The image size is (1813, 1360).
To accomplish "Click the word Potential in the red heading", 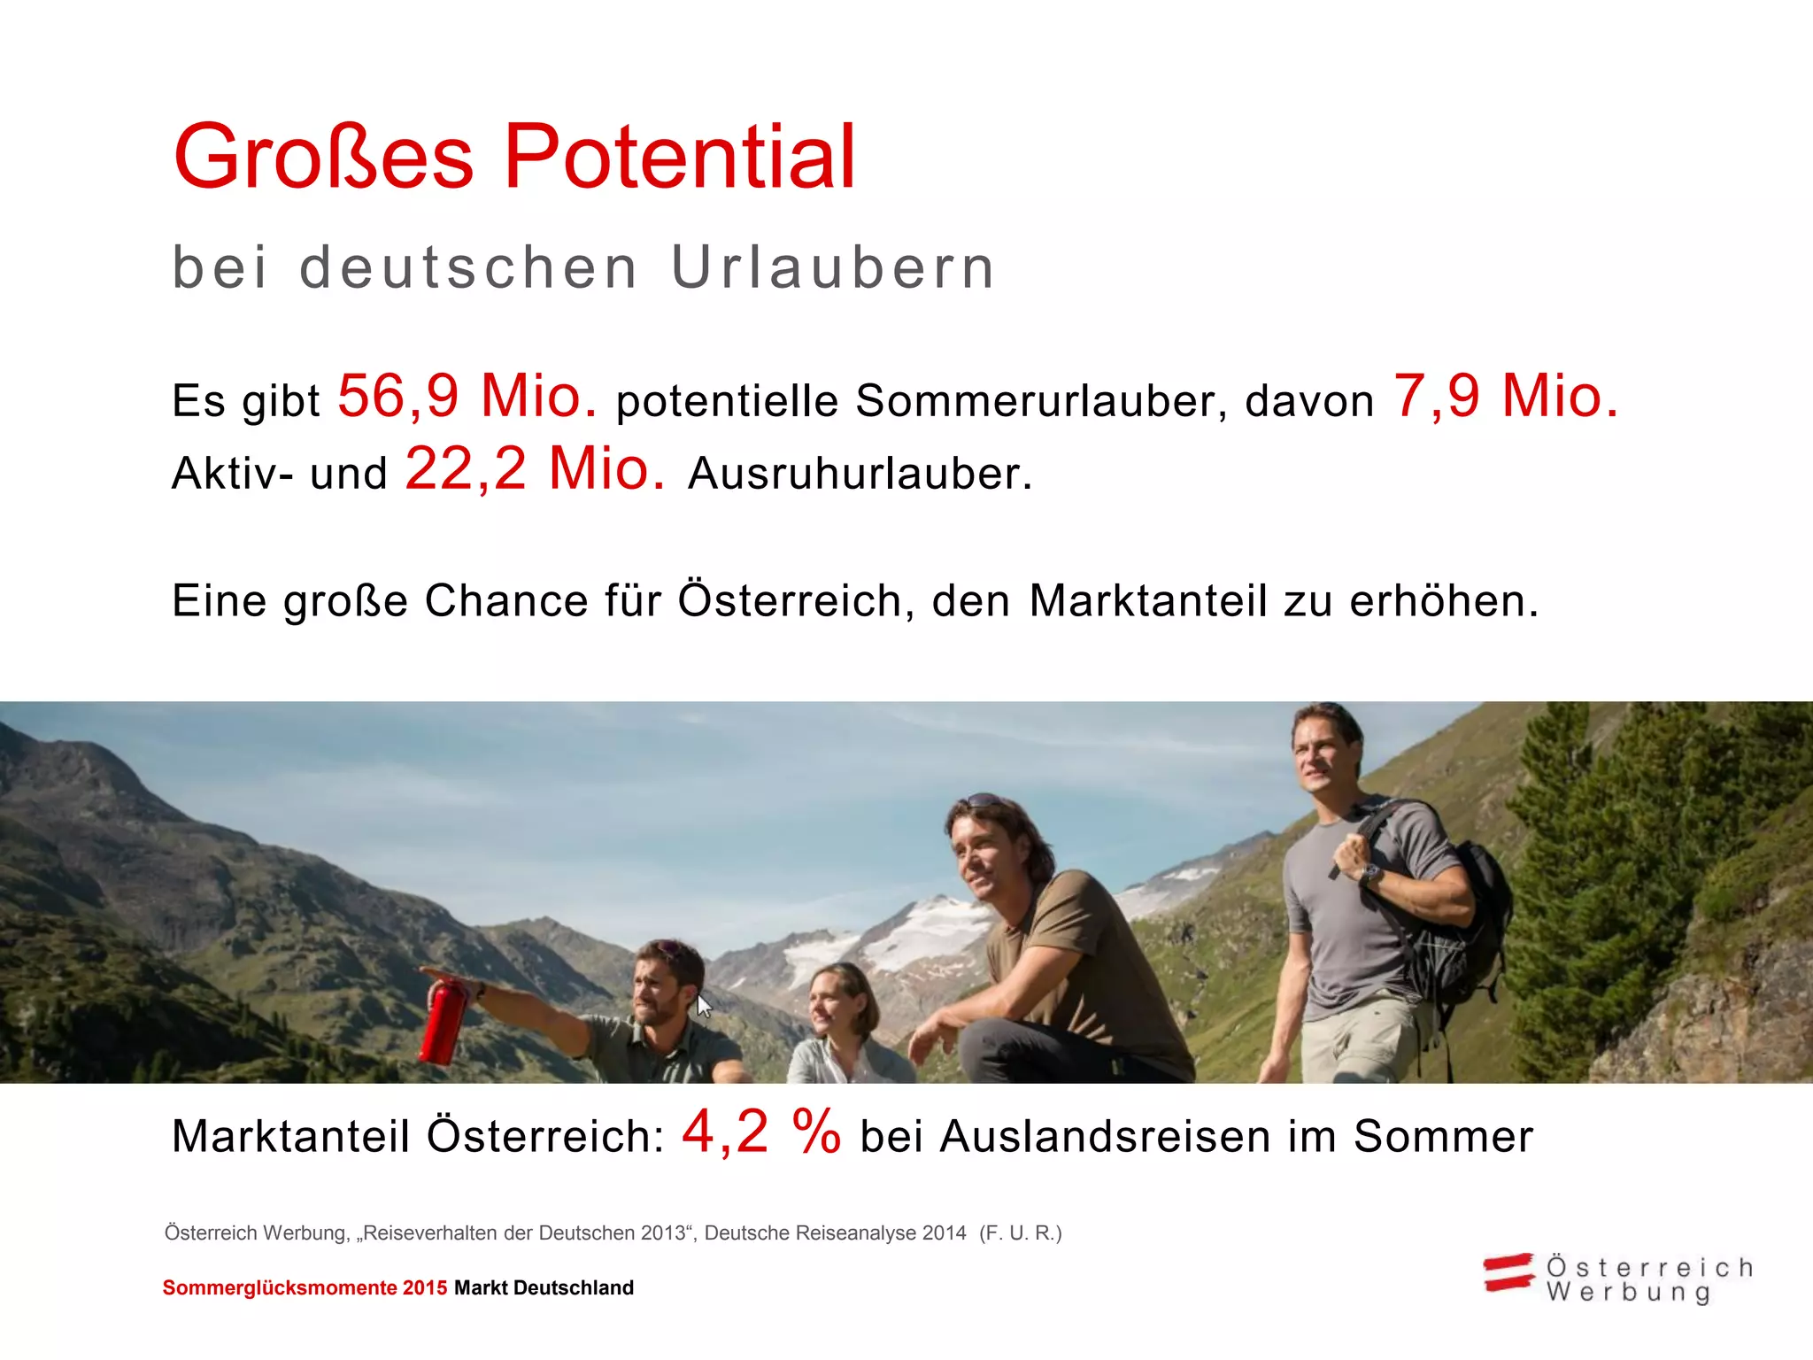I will pos(680,158).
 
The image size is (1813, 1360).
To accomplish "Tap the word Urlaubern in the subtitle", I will pos(833,267).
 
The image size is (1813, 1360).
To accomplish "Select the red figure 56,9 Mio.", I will pos(467,396).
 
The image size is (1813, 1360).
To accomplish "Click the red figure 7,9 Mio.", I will pos(1506,396).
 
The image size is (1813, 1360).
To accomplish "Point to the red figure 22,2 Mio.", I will pos(535,468).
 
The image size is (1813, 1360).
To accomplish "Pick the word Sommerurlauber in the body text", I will pos(1041,401).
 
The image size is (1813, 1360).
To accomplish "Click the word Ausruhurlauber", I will pos(860,474).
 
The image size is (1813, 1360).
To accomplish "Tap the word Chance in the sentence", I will pos(506,601).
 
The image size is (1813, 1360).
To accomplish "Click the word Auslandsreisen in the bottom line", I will pos(1106,1137).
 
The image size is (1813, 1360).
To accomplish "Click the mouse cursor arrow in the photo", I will pos(704,1007).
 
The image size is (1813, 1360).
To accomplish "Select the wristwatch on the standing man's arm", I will pos(1371,876).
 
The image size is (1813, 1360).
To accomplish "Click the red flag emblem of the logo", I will pos(1508,1273).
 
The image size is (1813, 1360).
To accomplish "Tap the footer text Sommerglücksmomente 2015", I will pos(305,1288).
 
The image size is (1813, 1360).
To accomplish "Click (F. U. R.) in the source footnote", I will pos(1020,1233).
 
